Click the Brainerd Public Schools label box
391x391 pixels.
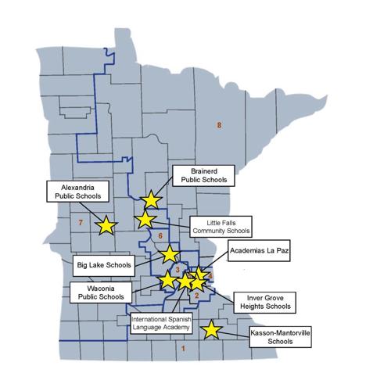203,175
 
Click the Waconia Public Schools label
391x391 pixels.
99,293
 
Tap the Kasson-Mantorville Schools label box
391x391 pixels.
278,336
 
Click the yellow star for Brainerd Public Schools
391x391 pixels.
151,201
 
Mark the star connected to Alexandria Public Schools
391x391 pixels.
106,226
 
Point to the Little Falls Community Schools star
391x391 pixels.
145,220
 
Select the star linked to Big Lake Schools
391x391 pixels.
169,253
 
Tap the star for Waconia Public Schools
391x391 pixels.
167,280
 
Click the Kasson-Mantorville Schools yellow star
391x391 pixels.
211,330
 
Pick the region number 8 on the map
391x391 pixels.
220,125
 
